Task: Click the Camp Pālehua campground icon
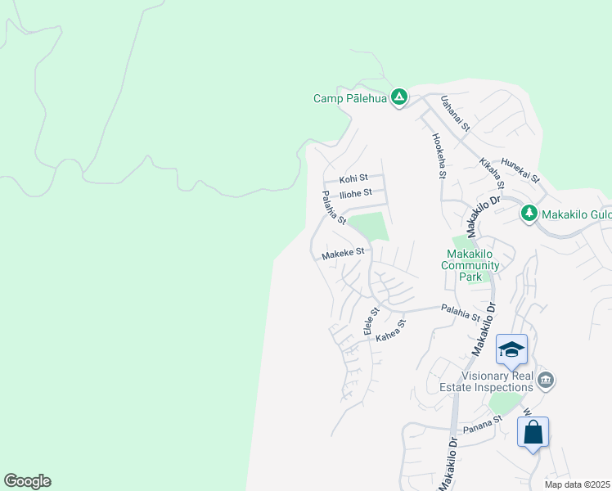point(398,98)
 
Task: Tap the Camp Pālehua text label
point(349,98)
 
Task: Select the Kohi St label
point(354,178)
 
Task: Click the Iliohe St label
point(356,193)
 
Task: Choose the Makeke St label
point(342,254)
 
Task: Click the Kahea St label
point(391,331)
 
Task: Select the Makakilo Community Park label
point(470,259)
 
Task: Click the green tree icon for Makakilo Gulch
point(529,214)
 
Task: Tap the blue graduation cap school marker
point(511,349)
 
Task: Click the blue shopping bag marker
point(533,431)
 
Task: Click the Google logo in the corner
point(27,481)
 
